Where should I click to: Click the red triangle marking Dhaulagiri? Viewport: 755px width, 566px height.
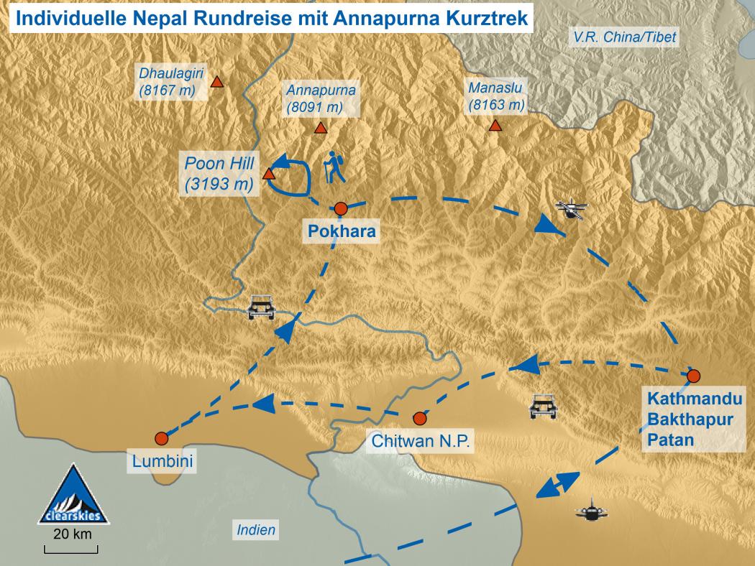point(216,83)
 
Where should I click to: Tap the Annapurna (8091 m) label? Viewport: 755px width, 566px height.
point(321,99)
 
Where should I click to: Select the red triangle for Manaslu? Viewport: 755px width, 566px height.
point(495,126)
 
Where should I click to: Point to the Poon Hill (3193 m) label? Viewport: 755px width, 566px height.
point(219,174)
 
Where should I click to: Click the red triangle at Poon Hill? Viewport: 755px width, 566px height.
point(269,174)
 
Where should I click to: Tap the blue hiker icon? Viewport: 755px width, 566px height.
point(334,167)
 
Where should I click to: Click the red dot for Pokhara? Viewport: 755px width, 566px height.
point(342,208)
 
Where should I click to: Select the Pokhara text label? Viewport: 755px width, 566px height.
point(342,231)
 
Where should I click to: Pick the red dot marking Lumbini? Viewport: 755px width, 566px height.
point(161,438)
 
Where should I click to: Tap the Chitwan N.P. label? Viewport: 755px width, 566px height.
point(421,441)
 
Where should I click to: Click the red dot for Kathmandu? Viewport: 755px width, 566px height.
point(693,375)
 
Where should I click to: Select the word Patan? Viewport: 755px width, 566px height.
point(669,440)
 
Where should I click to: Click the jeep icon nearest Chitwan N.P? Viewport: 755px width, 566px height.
point(543,406)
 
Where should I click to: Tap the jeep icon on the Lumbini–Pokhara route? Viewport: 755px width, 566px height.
point(261,307)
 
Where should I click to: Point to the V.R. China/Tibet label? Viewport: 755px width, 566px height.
point(623,37)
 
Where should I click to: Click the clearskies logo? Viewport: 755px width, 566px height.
point(72,495)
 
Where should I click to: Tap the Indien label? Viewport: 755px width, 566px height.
point(256,531)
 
